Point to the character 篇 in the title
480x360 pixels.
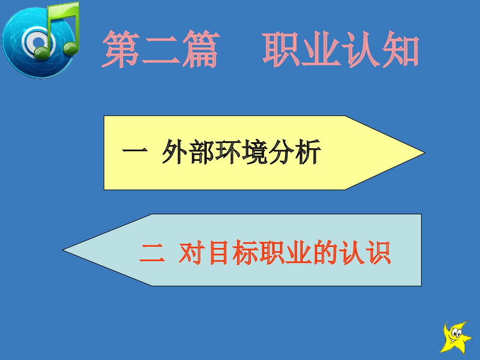200,49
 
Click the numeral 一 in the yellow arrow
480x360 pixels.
132,152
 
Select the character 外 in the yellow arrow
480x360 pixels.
174,152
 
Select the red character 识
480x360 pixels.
377,253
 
